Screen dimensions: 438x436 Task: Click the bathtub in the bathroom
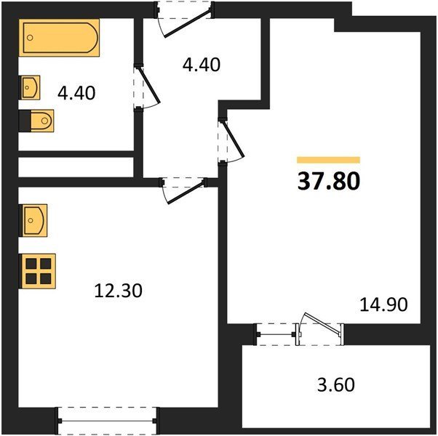59,38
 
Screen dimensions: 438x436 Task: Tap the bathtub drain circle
31,38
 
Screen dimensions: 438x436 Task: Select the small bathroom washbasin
30,88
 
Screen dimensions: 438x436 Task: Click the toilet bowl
41,121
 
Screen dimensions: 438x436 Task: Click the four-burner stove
37,271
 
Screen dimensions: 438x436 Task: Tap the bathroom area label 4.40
76,93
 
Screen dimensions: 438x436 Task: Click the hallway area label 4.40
201,65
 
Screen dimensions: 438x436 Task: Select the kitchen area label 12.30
119,291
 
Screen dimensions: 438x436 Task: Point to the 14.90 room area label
384,304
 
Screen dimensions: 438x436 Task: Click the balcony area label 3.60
336,384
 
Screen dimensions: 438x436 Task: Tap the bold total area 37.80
329,182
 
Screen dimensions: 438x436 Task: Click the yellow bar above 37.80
329,160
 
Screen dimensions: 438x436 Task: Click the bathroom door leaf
148,85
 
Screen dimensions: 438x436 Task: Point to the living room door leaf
234,139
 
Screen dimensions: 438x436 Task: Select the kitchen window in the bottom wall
107,421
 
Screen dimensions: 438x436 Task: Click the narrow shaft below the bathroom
76,167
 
